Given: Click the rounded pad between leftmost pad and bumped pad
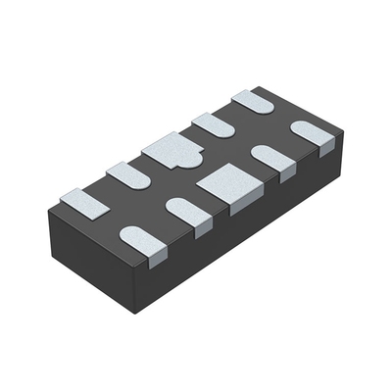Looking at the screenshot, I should [x=127, y=174].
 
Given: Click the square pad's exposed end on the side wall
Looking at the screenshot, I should [x=240, y=203].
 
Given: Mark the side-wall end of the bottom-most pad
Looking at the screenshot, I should [x=156, y=257].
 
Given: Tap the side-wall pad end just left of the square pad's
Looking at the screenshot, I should [x=202, y=227].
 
